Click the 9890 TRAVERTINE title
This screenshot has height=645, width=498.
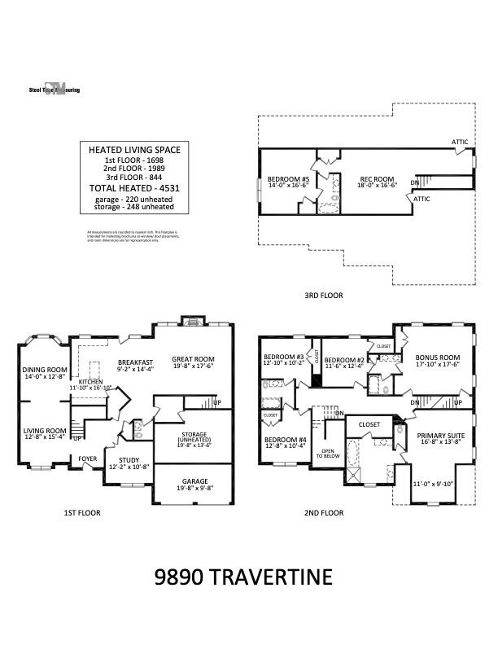tap(243, 577)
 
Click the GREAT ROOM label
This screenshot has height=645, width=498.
tap(193, 359)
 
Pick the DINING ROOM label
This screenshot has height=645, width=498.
tap(44, 370)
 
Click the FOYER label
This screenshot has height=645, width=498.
tap(87, 458)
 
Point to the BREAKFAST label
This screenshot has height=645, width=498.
tap(135, 363)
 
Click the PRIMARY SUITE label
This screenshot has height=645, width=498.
tap(440, 436)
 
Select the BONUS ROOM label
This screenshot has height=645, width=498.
tap(438, 358)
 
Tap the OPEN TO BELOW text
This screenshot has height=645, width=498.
tap(327, 454)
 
